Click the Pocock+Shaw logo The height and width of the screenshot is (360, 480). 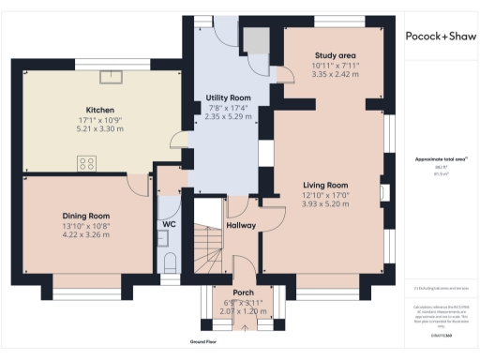(441, 36)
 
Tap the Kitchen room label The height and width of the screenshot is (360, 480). (100, 109)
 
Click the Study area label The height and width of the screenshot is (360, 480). (335, 55)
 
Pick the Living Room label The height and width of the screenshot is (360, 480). (325, 186)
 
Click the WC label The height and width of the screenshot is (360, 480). (170, 225)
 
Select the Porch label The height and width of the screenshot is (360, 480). (230, 292)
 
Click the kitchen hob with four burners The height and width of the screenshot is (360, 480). (87, 163)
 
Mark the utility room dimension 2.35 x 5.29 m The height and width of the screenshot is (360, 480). (227, 117)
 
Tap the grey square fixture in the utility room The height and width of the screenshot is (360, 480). (254, 39)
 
